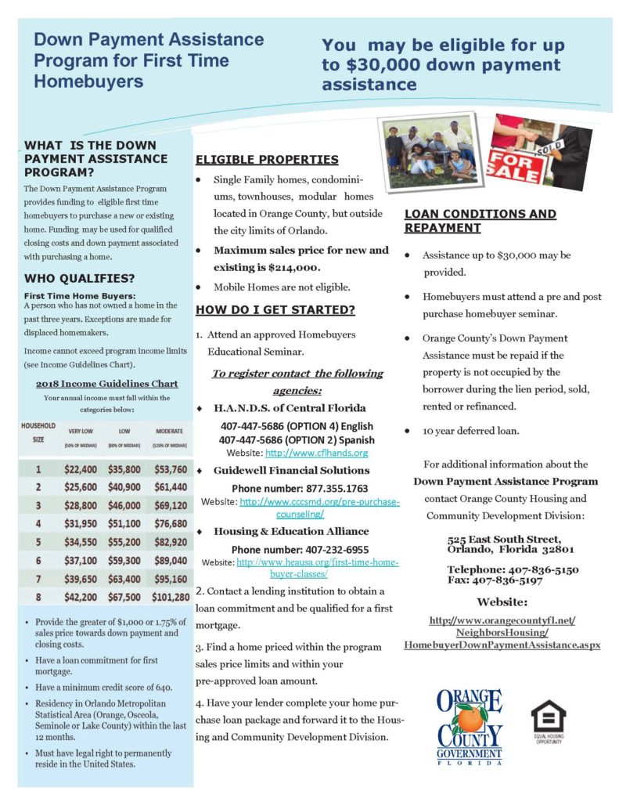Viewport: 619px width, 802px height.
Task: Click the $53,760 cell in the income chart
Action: tap(169, 469)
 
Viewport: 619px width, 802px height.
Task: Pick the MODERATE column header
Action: tap(169, 432)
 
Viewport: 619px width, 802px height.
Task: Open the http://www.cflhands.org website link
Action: tap(316, 453)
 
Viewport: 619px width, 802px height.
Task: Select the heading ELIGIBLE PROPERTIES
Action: tap(266, 160)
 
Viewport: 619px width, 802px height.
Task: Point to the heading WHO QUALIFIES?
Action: tap(79, 278)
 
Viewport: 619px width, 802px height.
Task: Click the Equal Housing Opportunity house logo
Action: tap(548, 717)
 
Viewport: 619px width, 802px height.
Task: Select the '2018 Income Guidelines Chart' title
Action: tap(106, 383)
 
